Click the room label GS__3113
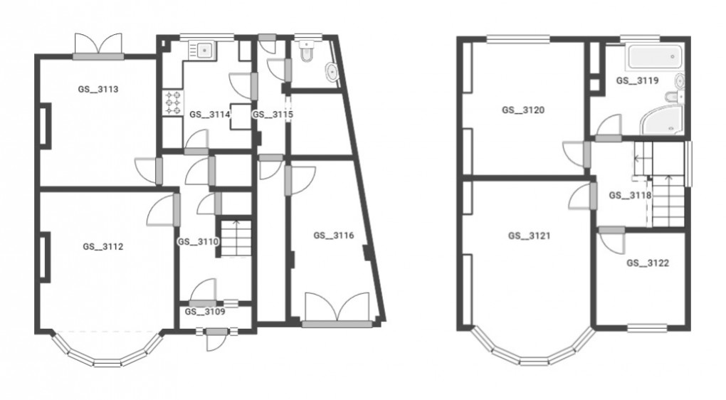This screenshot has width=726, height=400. [98, 90]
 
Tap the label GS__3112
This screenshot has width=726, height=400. [103, 247]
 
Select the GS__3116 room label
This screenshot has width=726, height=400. [334, 235]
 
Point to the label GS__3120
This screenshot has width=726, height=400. [523, 110]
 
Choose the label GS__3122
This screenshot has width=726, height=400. [648, 263]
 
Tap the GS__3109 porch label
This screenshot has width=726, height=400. [205, 311]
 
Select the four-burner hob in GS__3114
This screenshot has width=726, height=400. [173, 103]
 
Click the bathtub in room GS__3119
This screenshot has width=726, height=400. [653, 56]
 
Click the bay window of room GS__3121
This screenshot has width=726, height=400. [531, 354]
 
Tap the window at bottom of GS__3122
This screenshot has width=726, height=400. [646, 328]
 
